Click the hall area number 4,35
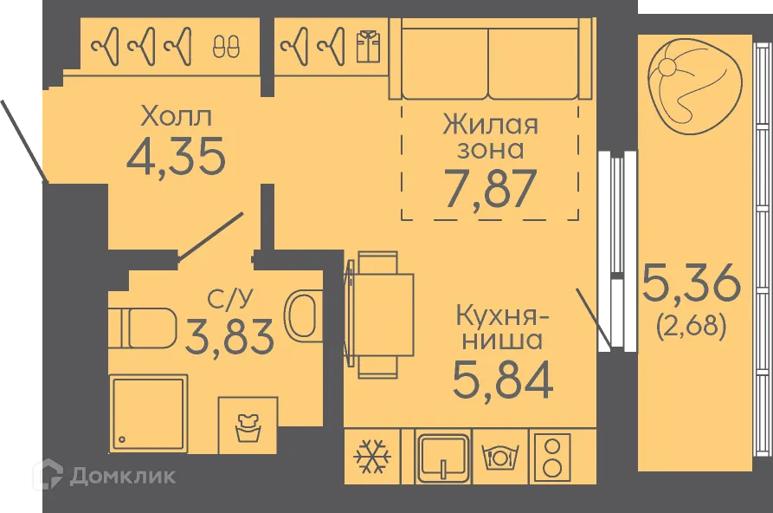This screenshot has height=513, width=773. click(x=176, y=156)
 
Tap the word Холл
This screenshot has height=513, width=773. click(x=176, y=115)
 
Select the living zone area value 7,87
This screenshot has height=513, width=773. click(x=490, y=189)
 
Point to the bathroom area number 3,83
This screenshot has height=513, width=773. click(x=229, y=335)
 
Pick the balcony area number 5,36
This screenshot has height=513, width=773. click(x=692, y=283)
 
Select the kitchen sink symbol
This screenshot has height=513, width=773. click(x=443, y=456)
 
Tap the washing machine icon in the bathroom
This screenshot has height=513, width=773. click(x=248, y=425)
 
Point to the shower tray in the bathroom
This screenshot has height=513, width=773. click(x=148, y=412)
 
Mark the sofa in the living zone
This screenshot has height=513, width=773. click(x=490, y=61)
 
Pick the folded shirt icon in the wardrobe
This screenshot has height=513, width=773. click(x=367, y=45)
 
